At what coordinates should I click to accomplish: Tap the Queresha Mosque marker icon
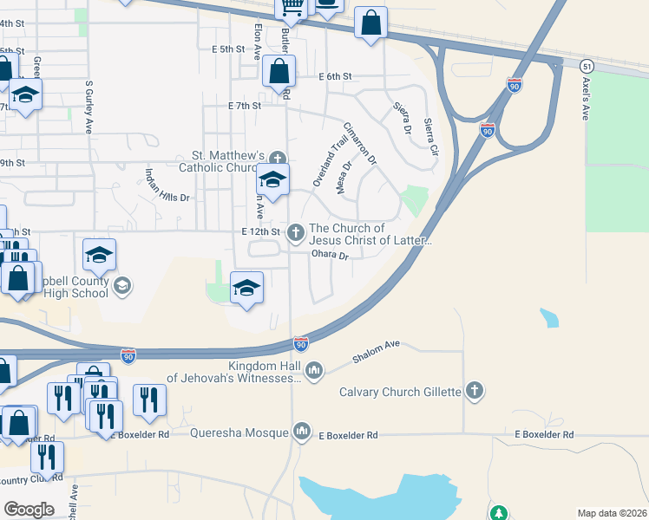pyautogui.click(x=302, y=430)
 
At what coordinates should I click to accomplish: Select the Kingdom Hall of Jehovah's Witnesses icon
pyautogui.click(x=313, y=371)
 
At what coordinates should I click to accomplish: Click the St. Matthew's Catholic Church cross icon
pyautogui.click(x=277, y=157)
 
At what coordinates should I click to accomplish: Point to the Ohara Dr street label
pyautogui.click(x=331, y=256)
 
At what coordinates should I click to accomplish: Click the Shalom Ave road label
pyautogui.click(x=376, y=350)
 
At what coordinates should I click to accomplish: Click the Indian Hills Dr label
pyautogui.click(x=167, y=185)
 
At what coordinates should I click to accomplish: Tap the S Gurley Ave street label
pyautogui.click(x=88, y=107)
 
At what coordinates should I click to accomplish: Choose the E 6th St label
pyautogui.click(x=335, y=77)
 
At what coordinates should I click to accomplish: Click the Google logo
pyautogui.click(x=29, y=509)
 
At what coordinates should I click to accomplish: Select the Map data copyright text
pyautogui.click(x=611, y=513)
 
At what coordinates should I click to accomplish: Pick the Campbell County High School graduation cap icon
pyautogui.click(x=122, y=285)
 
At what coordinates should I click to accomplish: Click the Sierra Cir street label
pyautogui.click(x=430, y=138)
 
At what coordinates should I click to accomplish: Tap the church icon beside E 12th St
pyautogui.click(x=296, y=231)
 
